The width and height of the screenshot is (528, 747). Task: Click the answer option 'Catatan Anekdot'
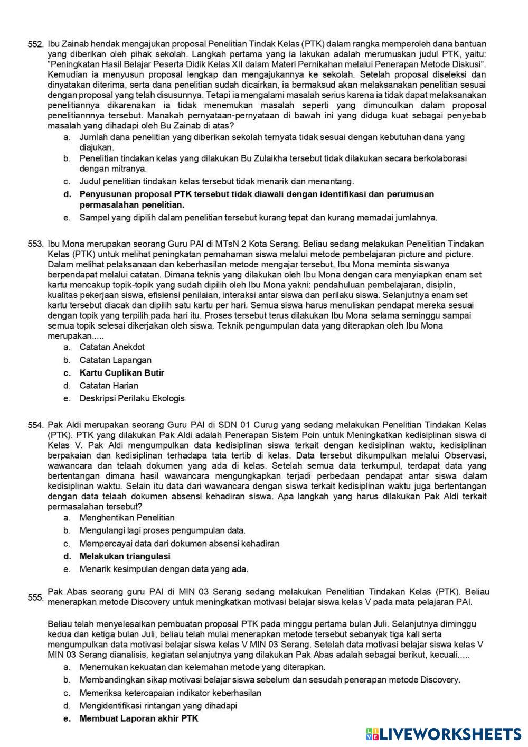(112, 347)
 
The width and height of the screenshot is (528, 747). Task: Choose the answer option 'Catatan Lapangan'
(115, 360)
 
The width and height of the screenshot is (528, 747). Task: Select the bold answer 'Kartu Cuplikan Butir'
(121, 373)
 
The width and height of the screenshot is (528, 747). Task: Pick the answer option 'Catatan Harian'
(109, 386)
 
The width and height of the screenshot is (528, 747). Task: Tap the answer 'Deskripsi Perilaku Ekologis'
(132, 398)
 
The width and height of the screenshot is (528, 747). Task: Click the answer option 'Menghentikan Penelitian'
(127, 518)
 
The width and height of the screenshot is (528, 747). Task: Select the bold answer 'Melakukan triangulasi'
(125, 556)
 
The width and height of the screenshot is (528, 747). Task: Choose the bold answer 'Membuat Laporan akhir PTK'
(139, 718)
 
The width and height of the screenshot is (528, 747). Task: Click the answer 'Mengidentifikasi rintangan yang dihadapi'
(158, 706)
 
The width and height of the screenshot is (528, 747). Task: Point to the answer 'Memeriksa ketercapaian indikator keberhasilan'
(170, 693)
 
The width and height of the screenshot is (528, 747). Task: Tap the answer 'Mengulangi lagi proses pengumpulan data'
(162, 530)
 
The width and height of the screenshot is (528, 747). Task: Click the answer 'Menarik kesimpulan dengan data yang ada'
(164, 569)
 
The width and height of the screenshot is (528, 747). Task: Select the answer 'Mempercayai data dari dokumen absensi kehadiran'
(180, 543)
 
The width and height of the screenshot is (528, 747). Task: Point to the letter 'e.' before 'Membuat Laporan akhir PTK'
(67, 718)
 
